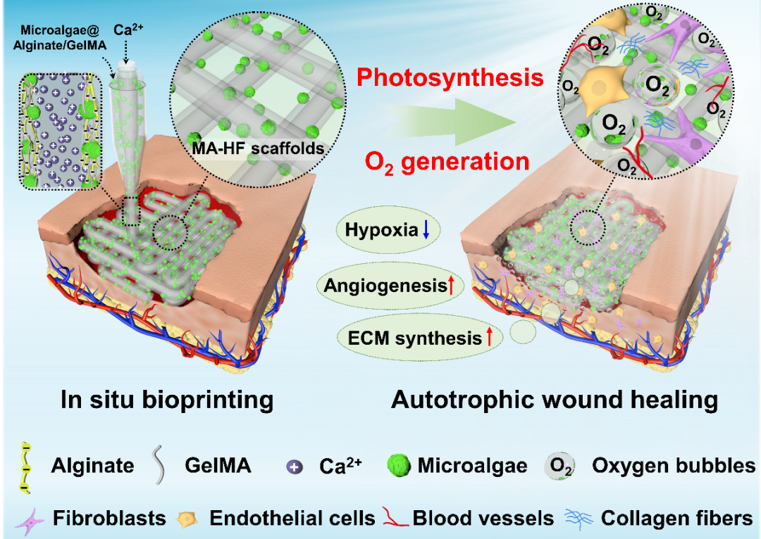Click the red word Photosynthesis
click(450, 77)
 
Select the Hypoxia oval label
click(388, 230)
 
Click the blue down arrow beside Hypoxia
click(426, 229)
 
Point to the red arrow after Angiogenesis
click(451, 286)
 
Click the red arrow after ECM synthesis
click(489, 337)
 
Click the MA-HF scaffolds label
click(258, 148)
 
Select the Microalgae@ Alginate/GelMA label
click(60, 38)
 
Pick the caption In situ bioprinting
click(168, 400)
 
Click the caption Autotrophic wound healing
click(555, 400)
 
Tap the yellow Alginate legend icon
click(26, 468)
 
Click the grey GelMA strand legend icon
click(159, 465)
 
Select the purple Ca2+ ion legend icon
click(294, 467)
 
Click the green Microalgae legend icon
click(400, 465)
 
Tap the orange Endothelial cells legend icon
click(187, 519)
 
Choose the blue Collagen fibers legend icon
click(579, 518)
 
